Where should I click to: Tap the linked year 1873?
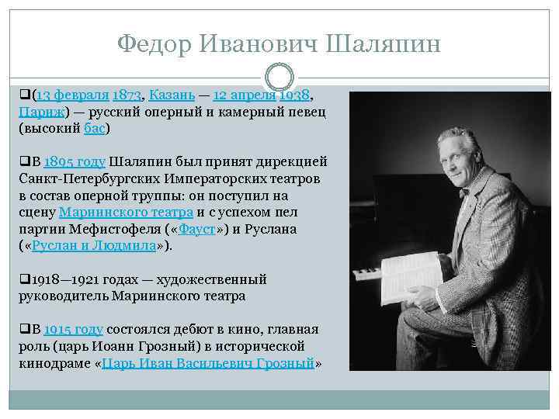click(x=127, y=96)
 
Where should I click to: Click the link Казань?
click(x=172, y=96)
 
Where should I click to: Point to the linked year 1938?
click(x=294, y=96)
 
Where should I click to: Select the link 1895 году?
click(x=75, y=162)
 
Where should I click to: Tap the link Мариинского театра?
click(x=127, y=213)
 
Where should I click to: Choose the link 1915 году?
click(x=75, y=330)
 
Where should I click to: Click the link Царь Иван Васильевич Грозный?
click(x=209, y=363)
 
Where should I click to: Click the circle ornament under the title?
click(x=279, y=77)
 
